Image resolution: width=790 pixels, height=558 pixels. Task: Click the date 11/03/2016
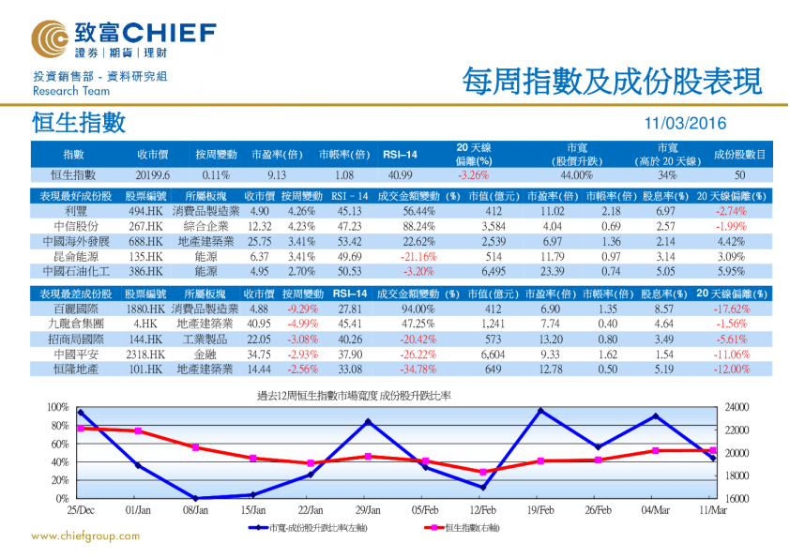685,124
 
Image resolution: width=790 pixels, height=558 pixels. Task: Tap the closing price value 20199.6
151,175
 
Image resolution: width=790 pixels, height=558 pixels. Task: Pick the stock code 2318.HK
146,355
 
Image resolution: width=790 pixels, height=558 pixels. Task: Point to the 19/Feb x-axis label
539,510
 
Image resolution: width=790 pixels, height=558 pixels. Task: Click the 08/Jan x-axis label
195,510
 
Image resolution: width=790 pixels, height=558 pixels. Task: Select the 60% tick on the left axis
58,445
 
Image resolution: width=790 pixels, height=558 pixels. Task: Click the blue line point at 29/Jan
368,422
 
